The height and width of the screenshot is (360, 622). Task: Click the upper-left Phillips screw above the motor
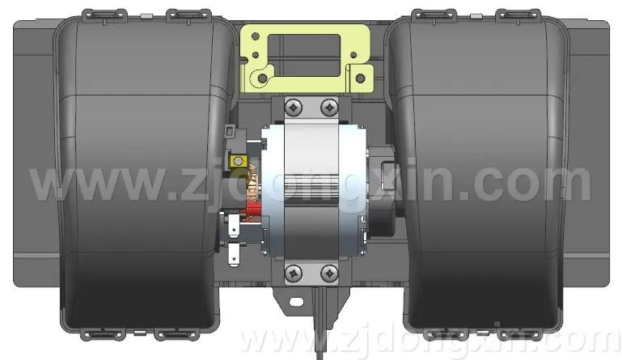tap(294, 107)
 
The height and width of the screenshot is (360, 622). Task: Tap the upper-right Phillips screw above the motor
tap(329, 107)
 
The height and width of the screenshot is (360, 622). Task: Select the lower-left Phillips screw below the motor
tap(294, 273)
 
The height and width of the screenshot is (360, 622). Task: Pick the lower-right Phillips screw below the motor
tap(329, 273)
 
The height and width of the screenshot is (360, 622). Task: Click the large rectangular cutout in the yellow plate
tap(305, 56)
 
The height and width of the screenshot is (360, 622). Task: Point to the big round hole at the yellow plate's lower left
tap(262, 78)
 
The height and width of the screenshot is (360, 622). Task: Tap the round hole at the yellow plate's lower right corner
tap(360, 78)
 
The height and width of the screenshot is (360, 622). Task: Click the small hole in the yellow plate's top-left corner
tap(256, 36)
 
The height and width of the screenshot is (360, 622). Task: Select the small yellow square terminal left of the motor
tap(238, 161)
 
